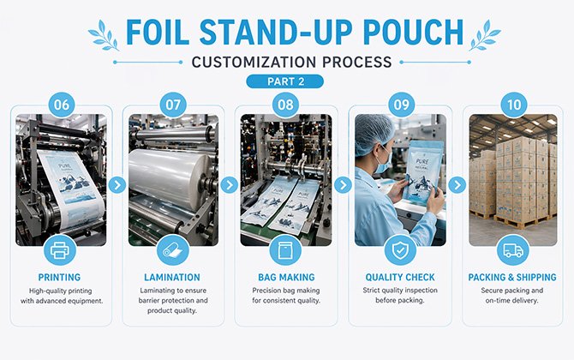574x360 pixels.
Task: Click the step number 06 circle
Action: (x=61, y=105)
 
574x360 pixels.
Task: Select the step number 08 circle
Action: (x=286, y=105)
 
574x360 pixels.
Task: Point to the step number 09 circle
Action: (x=399, y=105)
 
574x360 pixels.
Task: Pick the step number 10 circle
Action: (x=512, y=105)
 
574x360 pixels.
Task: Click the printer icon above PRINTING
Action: (x=60, y=250)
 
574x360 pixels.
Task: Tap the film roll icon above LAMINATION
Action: (x=173, y=250)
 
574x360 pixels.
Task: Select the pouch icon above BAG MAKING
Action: (x=286, y=250)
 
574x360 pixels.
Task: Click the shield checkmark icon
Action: (x=399, y=250)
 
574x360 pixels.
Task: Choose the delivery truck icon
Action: (x=512, y=250)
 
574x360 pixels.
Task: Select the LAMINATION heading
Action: (x=173, y=278)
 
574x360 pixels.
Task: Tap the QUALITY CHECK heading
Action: (x=399, y=278)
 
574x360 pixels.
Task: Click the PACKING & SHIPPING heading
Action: (x=512, y=278)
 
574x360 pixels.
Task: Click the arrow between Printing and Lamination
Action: (x=117, y=184)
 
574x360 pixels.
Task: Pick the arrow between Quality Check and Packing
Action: (x=456, y=184)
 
